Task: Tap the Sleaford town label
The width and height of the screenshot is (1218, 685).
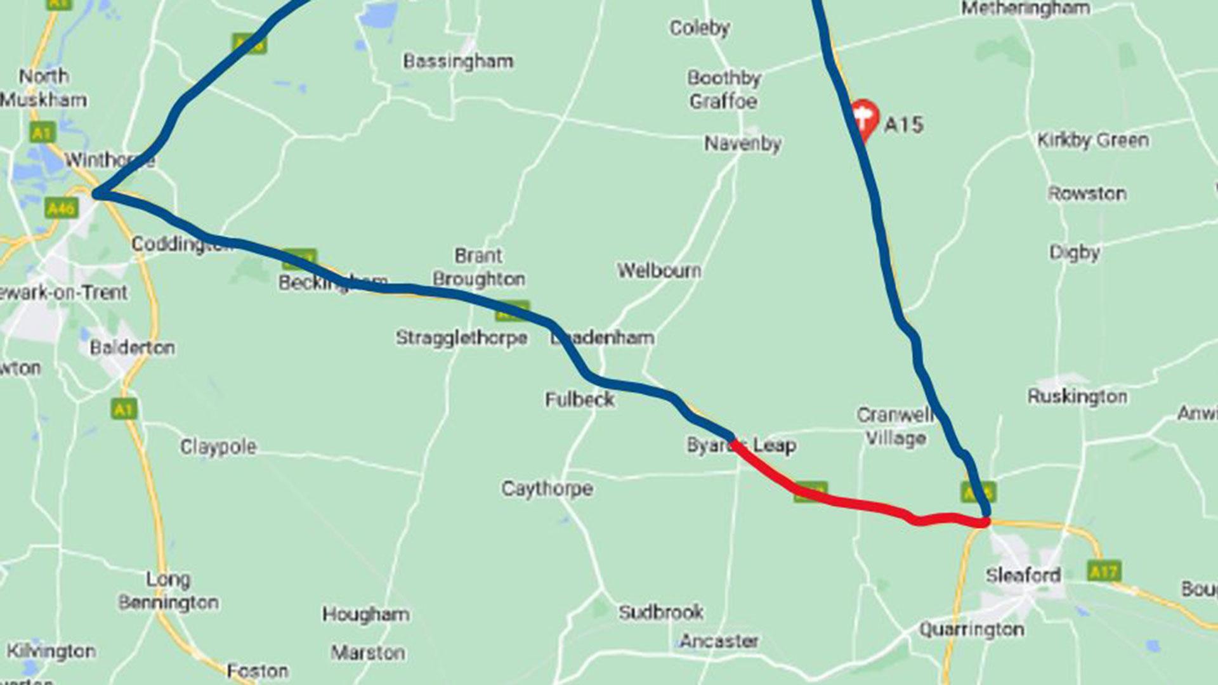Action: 1023,575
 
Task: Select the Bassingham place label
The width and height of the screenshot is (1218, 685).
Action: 458,62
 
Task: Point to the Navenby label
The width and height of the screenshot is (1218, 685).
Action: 742,143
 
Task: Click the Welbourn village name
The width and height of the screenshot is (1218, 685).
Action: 659,271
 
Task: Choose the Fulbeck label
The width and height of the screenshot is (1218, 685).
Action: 580,400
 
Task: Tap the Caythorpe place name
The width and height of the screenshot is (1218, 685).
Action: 547,488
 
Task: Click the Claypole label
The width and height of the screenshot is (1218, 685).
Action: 218,447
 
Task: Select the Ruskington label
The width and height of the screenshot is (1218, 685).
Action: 1077,397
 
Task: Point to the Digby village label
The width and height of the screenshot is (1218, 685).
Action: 1074,252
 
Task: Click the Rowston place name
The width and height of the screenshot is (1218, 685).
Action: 1087,193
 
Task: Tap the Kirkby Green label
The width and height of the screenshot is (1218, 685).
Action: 1092,140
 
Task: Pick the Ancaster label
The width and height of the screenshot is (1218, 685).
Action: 719,641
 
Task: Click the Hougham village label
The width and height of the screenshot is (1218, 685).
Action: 365,614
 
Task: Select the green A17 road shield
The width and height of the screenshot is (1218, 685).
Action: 1103,571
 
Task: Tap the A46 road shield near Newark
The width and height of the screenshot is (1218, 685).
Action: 62,208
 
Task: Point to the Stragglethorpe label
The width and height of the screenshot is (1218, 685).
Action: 461,337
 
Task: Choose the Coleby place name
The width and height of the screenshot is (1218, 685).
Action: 700,28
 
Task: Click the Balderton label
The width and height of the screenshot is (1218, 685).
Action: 132,348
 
